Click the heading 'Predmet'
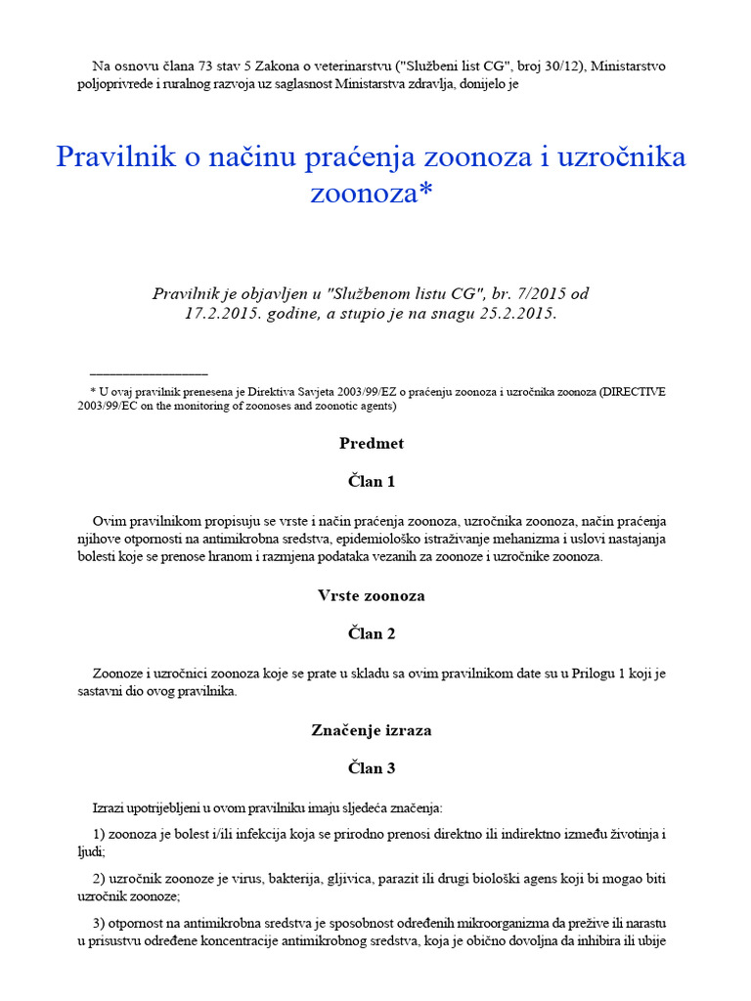pos(372,444)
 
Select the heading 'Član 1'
pos(372,482)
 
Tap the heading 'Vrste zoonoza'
pos(372,595)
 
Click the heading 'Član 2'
pos(372,633)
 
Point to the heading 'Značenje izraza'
pos(372,730)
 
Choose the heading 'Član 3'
pos(372,768)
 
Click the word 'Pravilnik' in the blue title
pos(108,157)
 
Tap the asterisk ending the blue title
pos(424,193)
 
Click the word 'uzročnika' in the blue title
pos(618,157)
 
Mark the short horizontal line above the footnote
pos(149,373)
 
